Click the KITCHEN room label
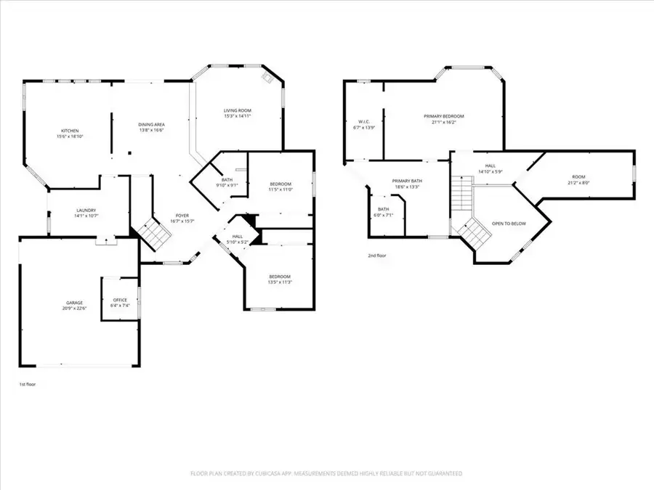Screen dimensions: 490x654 pos(70,131)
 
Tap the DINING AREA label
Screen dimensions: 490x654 pos(151,125)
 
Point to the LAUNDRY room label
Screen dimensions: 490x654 pos(86,211)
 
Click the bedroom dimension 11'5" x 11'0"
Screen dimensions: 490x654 pos(281,189)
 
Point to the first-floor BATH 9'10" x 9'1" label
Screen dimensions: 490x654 pos(227,181)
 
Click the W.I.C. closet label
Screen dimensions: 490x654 pos(365,122)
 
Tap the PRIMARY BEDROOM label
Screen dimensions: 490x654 pos(443,116)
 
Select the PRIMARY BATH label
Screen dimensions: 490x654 pos(407,181)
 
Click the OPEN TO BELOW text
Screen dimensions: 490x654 pos(509,224)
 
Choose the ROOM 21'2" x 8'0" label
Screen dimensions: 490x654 pos(578,177)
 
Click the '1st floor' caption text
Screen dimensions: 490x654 pos(27,384)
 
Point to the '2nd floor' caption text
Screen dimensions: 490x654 pos(377,255)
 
